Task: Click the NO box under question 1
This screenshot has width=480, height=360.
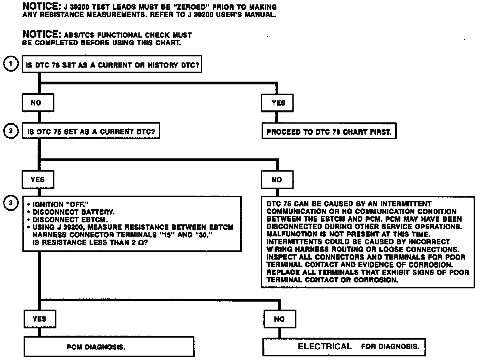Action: [x=36, y=103]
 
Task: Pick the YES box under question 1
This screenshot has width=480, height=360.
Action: [x=278, y=103]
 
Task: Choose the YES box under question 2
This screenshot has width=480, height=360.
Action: [x=38, y=180]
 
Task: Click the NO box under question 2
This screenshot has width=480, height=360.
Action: [x=277, y=180]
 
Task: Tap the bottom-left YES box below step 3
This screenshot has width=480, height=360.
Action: [x=39, y=319]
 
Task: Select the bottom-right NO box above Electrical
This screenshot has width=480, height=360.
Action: [x=279, y=319]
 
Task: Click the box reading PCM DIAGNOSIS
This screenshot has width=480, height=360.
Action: [x=109, y=347]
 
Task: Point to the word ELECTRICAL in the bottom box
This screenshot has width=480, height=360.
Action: [x=325, y=346]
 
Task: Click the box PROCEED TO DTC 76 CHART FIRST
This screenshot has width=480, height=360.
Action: [x=329, y=132]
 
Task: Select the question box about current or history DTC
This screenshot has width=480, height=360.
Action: [x=112, y=65]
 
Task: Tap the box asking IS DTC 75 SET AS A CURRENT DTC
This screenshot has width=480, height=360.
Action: [x=90, y=132]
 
